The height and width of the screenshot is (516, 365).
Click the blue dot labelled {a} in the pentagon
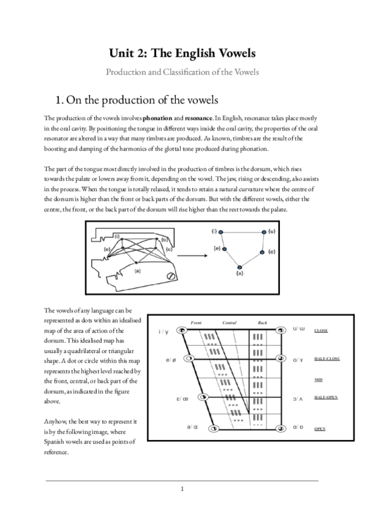pyautogui.click(x=240, y=267)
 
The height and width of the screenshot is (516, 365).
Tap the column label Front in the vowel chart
pyautogui.click(x=196, y=322)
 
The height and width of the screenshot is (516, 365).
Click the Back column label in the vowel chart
pyautogui.click(x=262, y=322)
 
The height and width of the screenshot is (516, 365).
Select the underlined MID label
pyautogui.click(x=318, y=378)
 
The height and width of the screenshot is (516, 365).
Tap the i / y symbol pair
pyautogui.click(x=164, y=331)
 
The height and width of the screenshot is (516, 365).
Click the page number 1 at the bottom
pyautogui.click(x=182, y=489)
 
